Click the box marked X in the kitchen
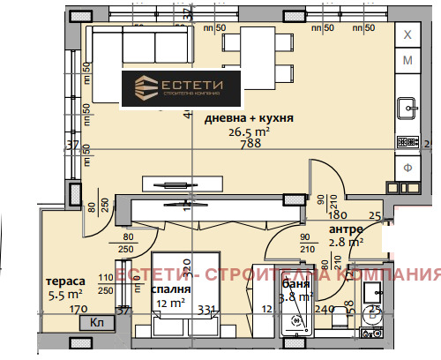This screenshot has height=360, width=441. [407, 34]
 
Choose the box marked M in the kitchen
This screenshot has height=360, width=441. [407, 60]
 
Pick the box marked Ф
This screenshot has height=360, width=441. [407, 167]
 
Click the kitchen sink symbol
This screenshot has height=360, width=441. [408, 109]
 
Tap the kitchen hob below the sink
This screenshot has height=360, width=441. [408, 140]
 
